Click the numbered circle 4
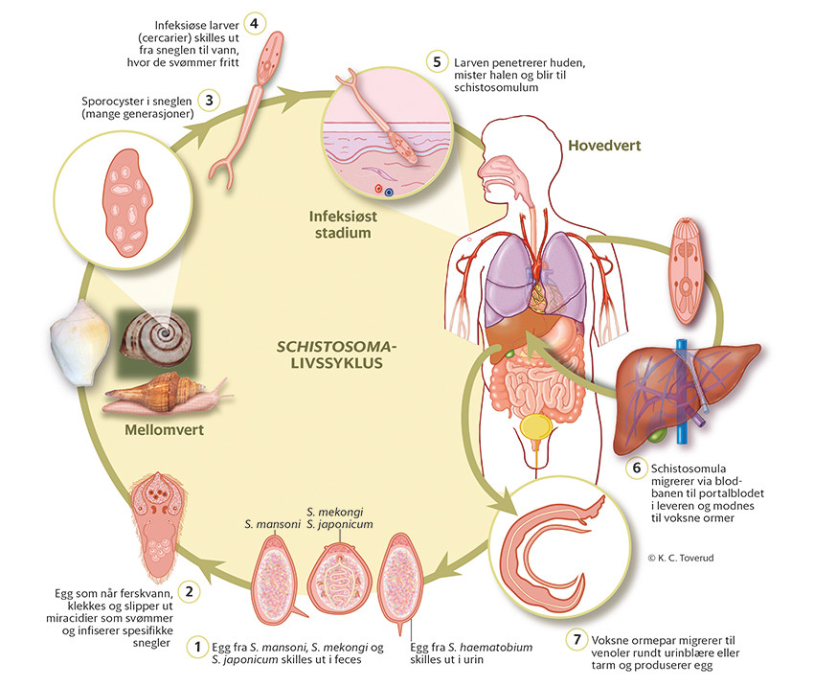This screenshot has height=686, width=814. pyautogui.click(x=254, y=22)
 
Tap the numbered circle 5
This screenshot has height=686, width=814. pyautogui.click(x=438, y=62)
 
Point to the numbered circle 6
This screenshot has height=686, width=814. pyautogui.click(x=635, y=468)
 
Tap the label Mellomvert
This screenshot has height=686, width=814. pyautogui.click(x=165, y=428)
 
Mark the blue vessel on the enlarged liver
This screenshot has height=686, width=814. pyautogui.click(x=681, y=393)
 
